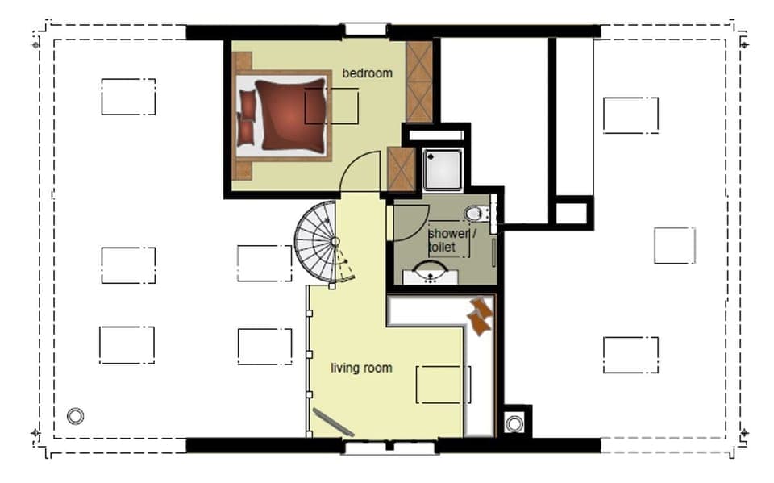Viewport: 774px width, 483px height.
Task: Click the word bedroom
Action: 368,73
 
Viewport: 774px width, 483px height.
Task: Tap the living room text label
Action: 361,368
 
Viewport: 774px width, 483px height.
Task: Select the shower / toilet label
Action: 451,240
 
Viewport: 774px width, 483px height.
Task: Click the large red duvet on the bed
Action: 291,114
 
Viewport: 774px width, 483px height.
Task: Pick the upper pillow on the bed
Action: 248,104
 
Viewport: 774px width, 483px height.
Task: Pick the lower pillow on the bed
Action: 246,132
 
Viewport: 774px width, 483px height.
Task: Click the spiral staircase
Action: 321,242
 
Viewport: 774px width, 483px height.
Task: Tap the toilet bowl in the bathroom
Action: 474,214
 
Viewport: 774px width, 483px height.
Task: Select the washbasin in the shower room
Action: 431,273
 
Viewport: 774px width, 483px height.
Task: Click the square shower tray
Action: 443,170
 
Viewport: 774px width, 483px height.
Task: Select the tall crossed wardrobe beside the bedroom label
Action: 418,81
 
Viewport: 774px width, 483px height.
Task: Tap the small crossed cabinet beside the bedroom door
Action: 401,169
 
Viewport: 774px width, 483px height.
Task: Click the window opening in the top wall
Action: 365,29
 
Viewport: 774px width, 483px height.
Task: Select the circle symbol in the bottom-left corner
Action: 76,416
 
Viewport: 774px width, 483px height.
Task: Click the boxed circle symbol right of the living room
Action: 514,423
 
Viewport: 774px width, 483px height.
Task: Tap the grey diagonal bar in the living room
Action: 334,423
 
